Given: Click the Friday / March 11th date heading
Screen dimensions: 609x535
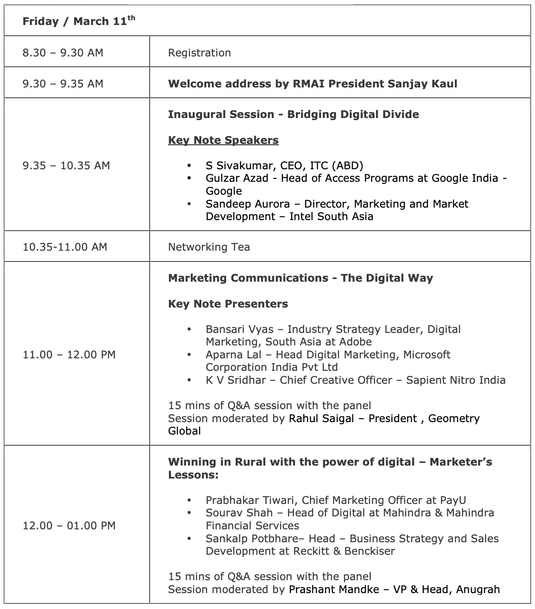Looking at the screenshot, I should coord(78,21).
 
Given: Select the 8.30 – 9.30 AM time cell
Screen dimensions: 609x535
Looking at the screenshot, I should coord(63,53).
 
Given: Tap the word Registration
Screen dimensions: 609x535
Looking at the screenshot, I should coord(199,53).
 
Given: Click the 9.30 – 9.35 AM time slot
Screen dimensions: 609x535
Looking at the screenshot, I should coord(63,84).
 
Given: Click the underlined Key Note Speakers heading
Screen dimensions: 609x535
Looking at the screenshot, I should coord(223,140).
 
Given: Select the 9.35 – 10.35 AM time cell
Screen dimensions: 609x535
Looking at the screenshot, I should coord(66,166).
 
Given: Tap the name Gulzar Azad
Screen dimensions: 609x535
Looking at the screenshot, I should coord(237,178).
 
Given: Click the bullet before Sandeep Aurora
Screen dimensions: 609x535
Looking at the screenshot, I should coord(189,204).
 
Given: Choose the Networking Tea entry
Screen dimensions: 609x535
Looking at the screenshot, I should coord(209,247).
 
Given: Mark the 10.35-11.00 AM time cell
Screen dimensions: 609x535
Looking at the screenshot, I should coord(65,247).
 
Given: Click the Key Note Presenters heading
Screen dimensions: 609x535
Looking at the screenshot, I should coord(228,304).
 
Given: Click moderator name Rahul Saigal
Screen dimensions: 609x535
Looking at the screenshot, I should coord(321,419).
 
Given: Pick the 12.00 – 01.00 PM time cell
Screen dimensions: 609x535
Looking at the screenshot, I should coord(69,526).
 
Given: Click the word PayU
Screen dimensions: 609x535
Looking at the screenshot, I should coord(453,500).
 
